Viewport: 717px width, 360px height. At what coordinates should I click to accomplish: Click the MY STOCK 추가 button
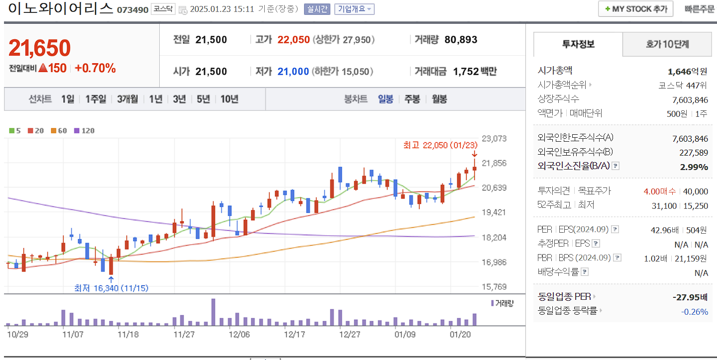tap(635, 9)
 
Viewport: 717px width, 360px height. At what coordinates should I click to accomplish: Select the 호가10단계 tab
tap(667, 44)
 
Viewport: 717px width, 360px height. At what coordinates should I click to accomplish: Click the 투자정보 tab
tap(578, 44)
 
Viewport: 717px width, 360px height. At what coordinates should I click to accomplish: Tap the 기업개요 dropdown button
tap(354, 9)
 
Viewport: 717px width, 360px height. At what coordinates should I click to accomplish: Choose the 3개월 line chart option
tap(127, 99)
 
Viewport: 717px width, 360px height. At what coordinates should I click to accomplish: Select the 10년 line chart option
tap(229, 99)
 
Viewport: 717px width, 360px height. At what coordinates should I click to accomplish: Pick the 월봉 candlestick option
tap(439, 99)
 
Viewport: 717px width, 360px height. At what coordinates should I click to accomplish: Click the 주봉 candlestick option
tap(412, 99)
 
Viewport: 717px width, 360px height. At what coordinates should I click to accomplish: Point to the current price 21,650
tap(40, 48)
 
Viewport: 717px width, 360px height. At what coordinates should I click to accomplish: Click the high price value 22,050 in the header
tap(294, 40)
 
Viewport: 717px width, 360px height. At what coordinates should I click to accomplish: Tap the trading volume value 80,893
tap(461, 40)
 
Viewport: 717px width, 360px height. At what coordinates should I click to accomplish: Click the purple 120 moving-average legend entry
tap(84, 131)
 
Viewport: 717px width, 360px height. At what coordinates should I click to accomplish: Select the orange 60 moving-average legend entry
tap(59, 131)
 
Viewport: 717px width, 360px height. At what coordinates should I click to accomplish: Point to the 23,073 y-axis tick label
tap(495, 138)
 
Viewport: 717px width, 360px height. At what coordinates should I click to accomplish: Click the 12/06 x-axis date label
tap(239, 334)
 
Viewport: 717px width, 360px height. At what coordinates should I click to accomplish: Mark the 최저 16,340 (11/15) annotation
tap(111, 288)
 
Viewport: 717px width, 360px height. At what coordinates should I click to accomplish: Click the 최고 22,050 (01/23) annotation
tap(440, 145)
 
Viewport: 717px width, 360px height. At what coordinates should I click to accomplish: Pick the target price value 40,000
tap(696, 191)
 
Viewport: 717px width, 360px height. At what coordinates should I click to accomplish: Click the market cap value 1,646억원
tap(687, 71)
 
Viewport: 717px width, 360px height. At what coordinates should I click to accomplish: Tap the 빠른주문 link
tap(699, 9)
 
